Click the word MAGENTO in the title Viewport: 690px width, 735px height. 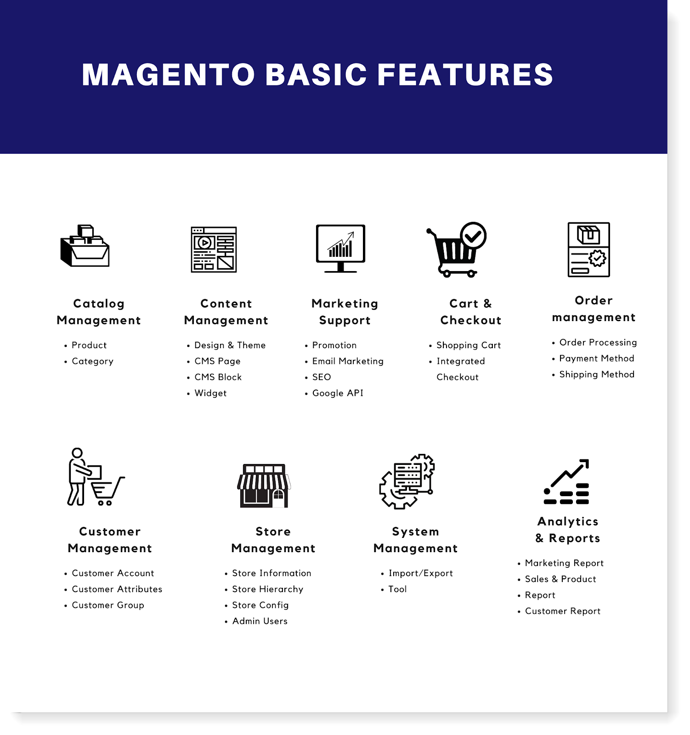coord(168,74)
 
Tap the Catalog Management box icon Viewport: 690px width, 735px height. coord(85,246)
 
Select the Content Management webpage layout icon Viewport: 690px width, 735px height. coord(214,249)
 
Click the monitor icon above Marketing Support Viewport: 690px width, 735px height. coord(340,248)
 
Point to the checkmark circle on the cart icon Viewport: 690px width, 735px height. coord(473,236)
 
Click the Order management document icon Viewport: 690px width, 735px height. coord(588,249)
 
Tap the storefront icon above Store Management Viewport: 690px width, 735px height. coord(264,486)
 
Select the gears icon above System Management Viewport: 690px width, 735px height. coord(407,481)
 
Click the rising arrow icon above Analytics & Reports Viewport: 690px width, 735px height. coord(566,482)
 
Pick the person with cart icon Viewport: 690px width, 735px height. coord(94,478)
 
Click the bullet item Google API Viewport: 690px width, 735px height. coord(338,393)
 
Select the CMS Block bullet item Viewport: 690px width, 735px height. coord(218,377)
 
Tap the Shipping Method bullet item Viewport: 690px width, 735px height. coord(597,374)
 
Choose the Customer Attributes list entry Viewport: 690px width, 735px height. coord(117,589)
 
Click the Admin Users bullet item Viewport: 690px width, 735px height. coord(260,621)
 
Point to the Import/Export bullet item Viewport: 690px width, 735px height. coord(420,573)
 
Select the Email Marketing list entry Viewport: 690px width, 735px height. coord(348,361)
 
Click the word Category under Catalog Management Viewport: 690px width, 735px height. coord(92,361)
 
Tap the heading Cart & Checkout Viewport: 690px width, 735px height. coord(470,312)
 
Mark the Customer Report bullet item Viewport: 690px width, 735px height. coord(562,611)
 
